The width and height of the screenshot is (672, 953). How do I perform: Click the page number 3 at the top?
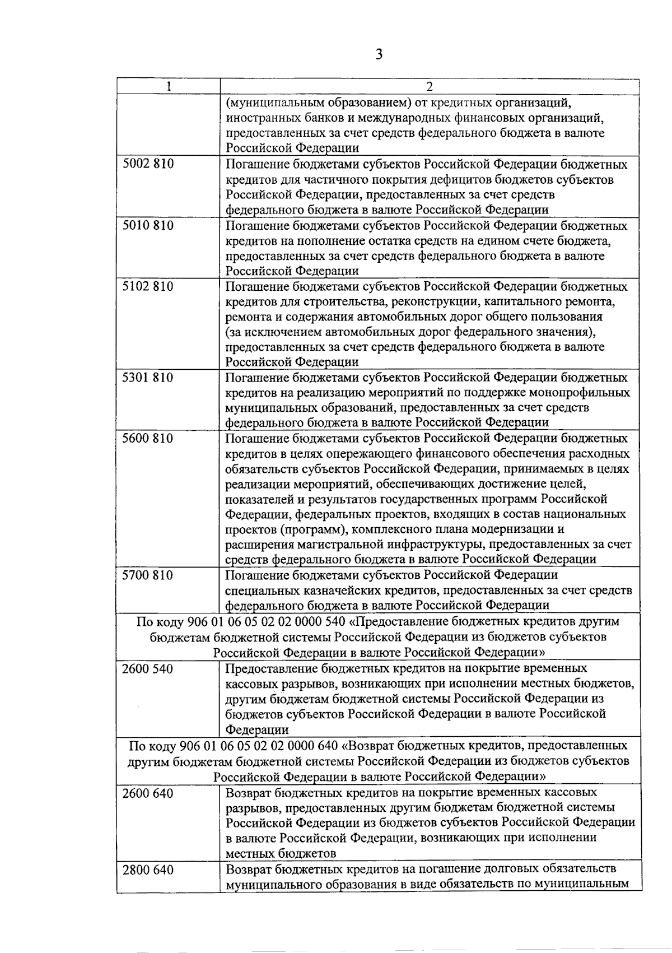pyautogui.click(x=379, y=54)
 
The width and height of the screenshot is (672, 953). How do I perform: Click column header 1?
pyautogui.click(x=168, y=86)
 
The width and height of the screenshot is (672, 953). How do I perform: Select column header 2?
pyautogui.click(x=430, y=86)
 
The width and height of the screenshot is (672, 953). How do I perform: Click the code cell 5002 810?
pyautogui.click(x=148, y=164)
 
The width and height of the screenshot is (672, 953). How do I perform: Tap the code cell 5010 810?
pyautogui.click(x=148, y=226)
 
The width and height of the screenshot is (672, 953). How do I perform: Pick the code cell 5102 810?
pyautogui.click(x=148, y=287)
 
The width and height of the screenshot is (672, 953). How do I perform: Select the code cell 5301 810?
pyautogui.click(x=148, y=378)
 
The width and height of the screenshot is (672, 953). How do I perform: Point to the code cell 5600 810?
pyautogui.click(x=148, y=438)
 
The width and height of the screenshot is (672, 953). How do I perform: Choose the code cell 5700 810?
pyautogui.click(x=148, y=575)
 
